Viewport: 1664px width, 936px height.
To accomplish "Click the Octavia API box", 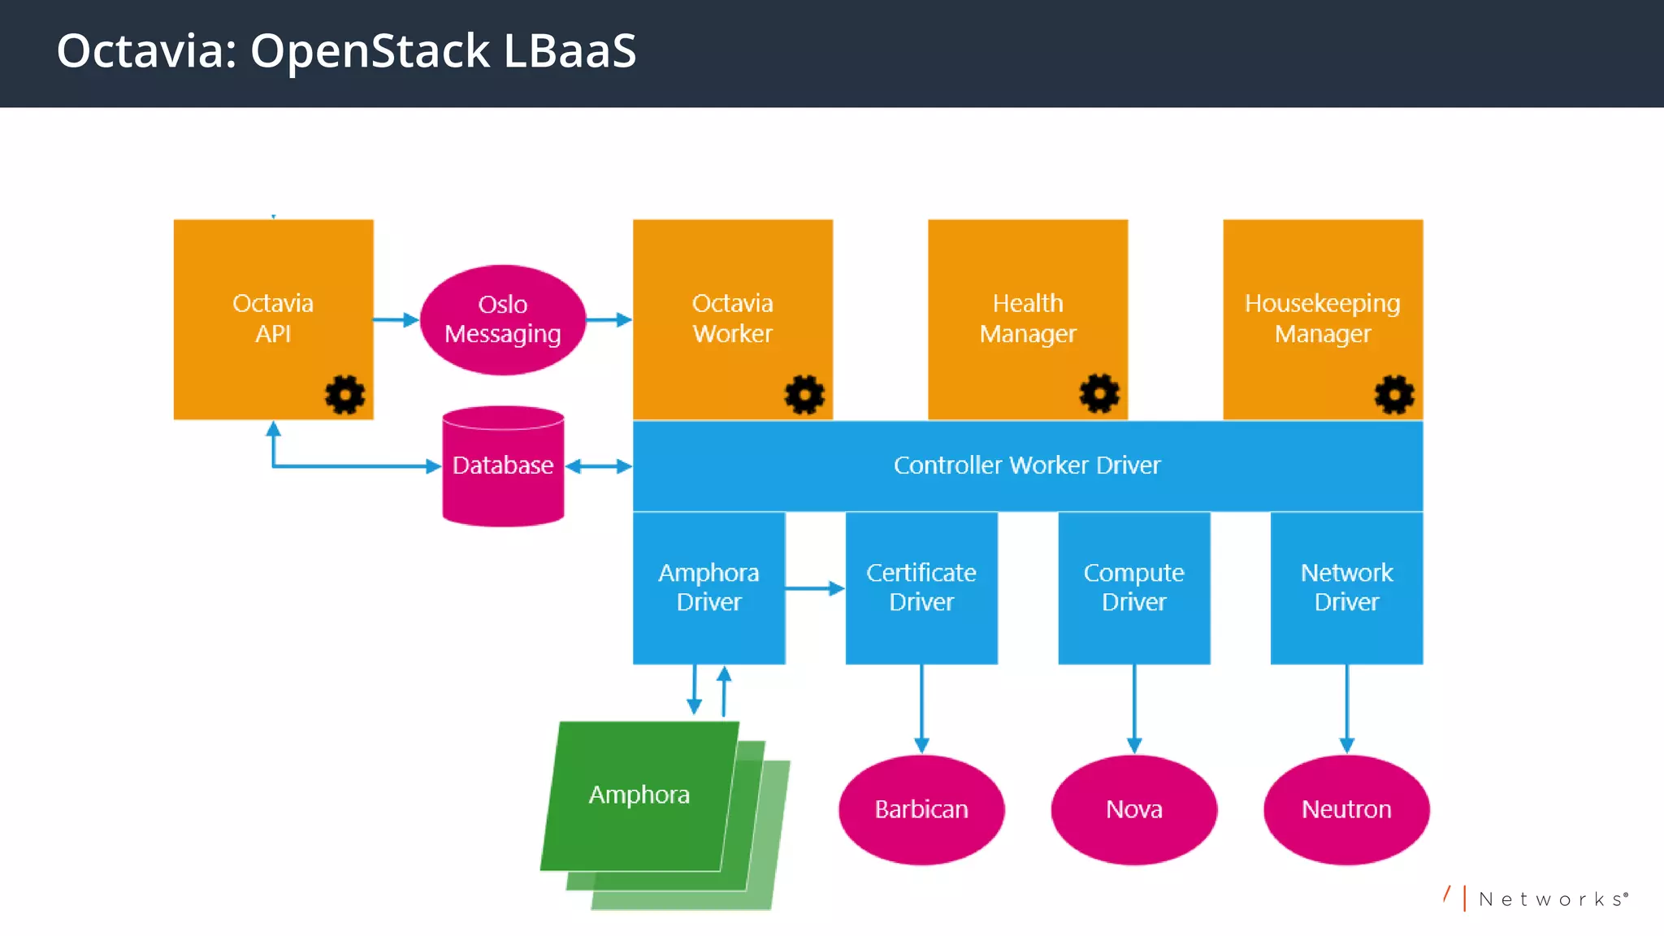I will point(273,318).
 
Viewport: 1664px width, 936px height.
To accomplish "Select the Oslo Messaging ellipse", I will point(502,319).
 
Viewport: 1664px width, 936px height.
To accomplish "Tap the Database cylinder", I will point(502,466).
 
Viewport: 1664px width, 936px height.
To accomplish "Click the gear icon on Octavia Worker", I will point(804,395).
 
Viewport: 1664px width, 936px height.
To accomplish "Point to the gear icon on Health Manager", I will point(1098,394).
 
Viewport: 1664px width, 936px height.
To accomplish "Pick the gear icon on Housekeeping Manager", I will point(1394,395).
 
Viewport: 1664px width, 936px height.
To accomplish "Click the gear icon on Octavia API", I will point(344,395).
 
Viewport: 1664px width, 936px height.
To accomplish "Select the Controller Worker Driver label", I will point(1027,466).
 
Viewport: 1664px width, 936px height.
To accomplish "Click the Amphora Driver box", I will point(708,587).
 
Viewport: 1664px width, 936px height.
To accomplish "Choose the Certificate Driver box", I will point(921,587).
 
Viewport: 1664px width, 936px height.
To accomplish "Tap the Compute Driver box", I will point(1133,587).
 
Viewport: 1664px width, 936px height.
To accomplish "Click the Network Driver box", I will point(1346,587).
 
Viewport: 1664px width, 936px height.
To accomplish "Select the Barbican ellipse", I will point(921,809).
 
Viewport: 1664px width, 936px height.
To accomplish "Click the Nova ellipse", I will point(1133,809).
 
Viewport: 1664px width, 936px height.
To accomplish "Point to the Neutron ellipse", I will point(1346,809).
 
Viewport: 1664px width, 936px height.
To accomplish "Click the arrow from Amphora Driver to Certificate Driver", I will point(815,588).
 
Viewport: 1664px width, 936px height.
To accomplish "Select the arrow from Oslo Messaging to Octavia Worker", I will point(609,320).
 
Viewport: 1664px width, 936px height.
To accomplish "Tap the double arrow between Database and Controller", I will point(598,466).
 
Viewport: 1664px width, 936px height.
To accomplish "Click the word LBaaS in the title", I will point(570,51).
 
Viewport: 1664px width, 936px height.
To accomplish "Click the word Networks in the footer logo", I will point(1551,899).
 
